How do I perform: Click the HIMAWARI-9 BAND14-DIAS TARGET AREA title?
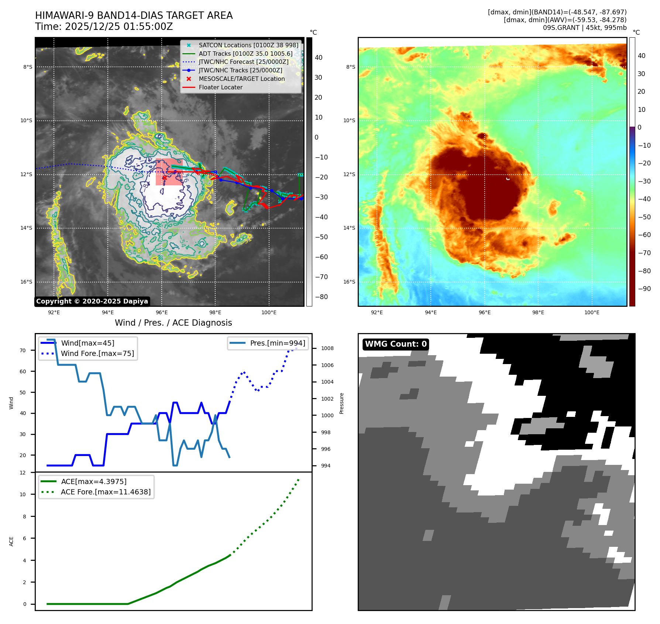[134, 16]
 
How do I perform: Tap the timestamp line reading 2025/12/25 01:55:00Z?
[104, 27]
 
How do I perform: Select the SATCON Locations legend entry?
[248, 45]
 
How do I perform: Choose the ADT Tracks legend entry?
[245, 54]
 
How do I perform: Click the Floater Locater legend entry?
[220, 87]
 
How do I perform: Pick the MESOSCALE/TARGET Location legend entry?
[241, 79]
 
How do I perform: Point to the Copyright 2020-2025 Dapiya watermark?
[92, 301]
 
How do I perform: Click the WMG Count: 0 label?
[396, 344]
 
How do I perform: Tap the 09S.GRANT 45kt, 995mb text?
[584, 28]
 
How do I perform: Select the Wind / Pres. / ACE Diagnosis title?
[173, 323]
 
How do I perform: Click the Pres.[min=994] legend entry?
[277, 343]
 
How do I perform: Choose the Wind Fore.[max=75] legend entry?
[97, 353]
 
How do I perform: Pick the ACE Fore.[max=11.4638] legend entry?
[106, 492]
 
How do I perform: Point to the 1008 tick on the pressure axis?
[327, 348]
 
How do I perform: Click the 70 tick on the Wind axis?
[23, 350]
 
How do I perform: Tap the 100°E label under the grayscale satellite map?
[269, 312]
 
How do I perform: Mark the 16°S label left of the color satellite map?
[349, 282]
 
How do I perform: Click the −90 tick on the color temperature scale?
[644, 288]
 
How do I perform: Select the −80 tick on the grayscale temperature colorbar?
[321, 296]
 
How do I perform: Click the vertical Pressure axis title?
[341, 403]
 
